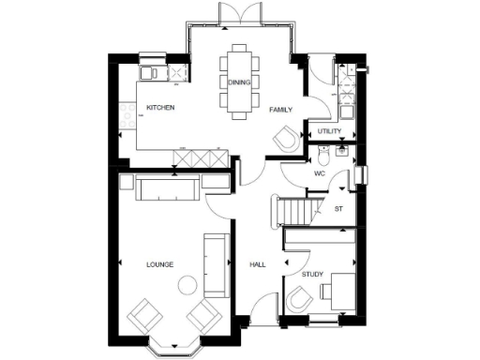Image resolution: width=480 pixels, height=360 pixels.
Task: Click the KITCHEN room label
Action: tap(160, 107)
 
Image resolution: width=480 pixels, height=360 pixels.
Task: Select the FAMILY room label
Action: tap(281, 110)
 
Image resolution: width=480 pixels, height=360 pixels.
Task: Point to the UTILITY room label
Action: tap(329, 131)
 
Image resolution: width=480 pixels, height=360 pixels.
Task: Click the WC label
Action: tap(319, 173)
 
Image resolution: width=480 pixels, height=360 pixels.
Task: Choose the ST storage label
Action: tap(338, 208)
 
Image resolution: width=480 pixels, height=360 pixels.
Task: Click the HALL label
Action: tap(258, 265)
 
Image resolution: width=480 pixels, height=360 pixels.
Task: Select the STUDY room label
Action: tap(312, 274)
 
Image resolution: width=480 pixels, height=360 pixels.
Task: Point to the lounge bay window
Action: tap(173, 345)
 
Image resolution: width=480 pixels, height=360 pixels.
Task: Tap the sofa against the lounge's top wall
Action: tap(167, 189)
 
